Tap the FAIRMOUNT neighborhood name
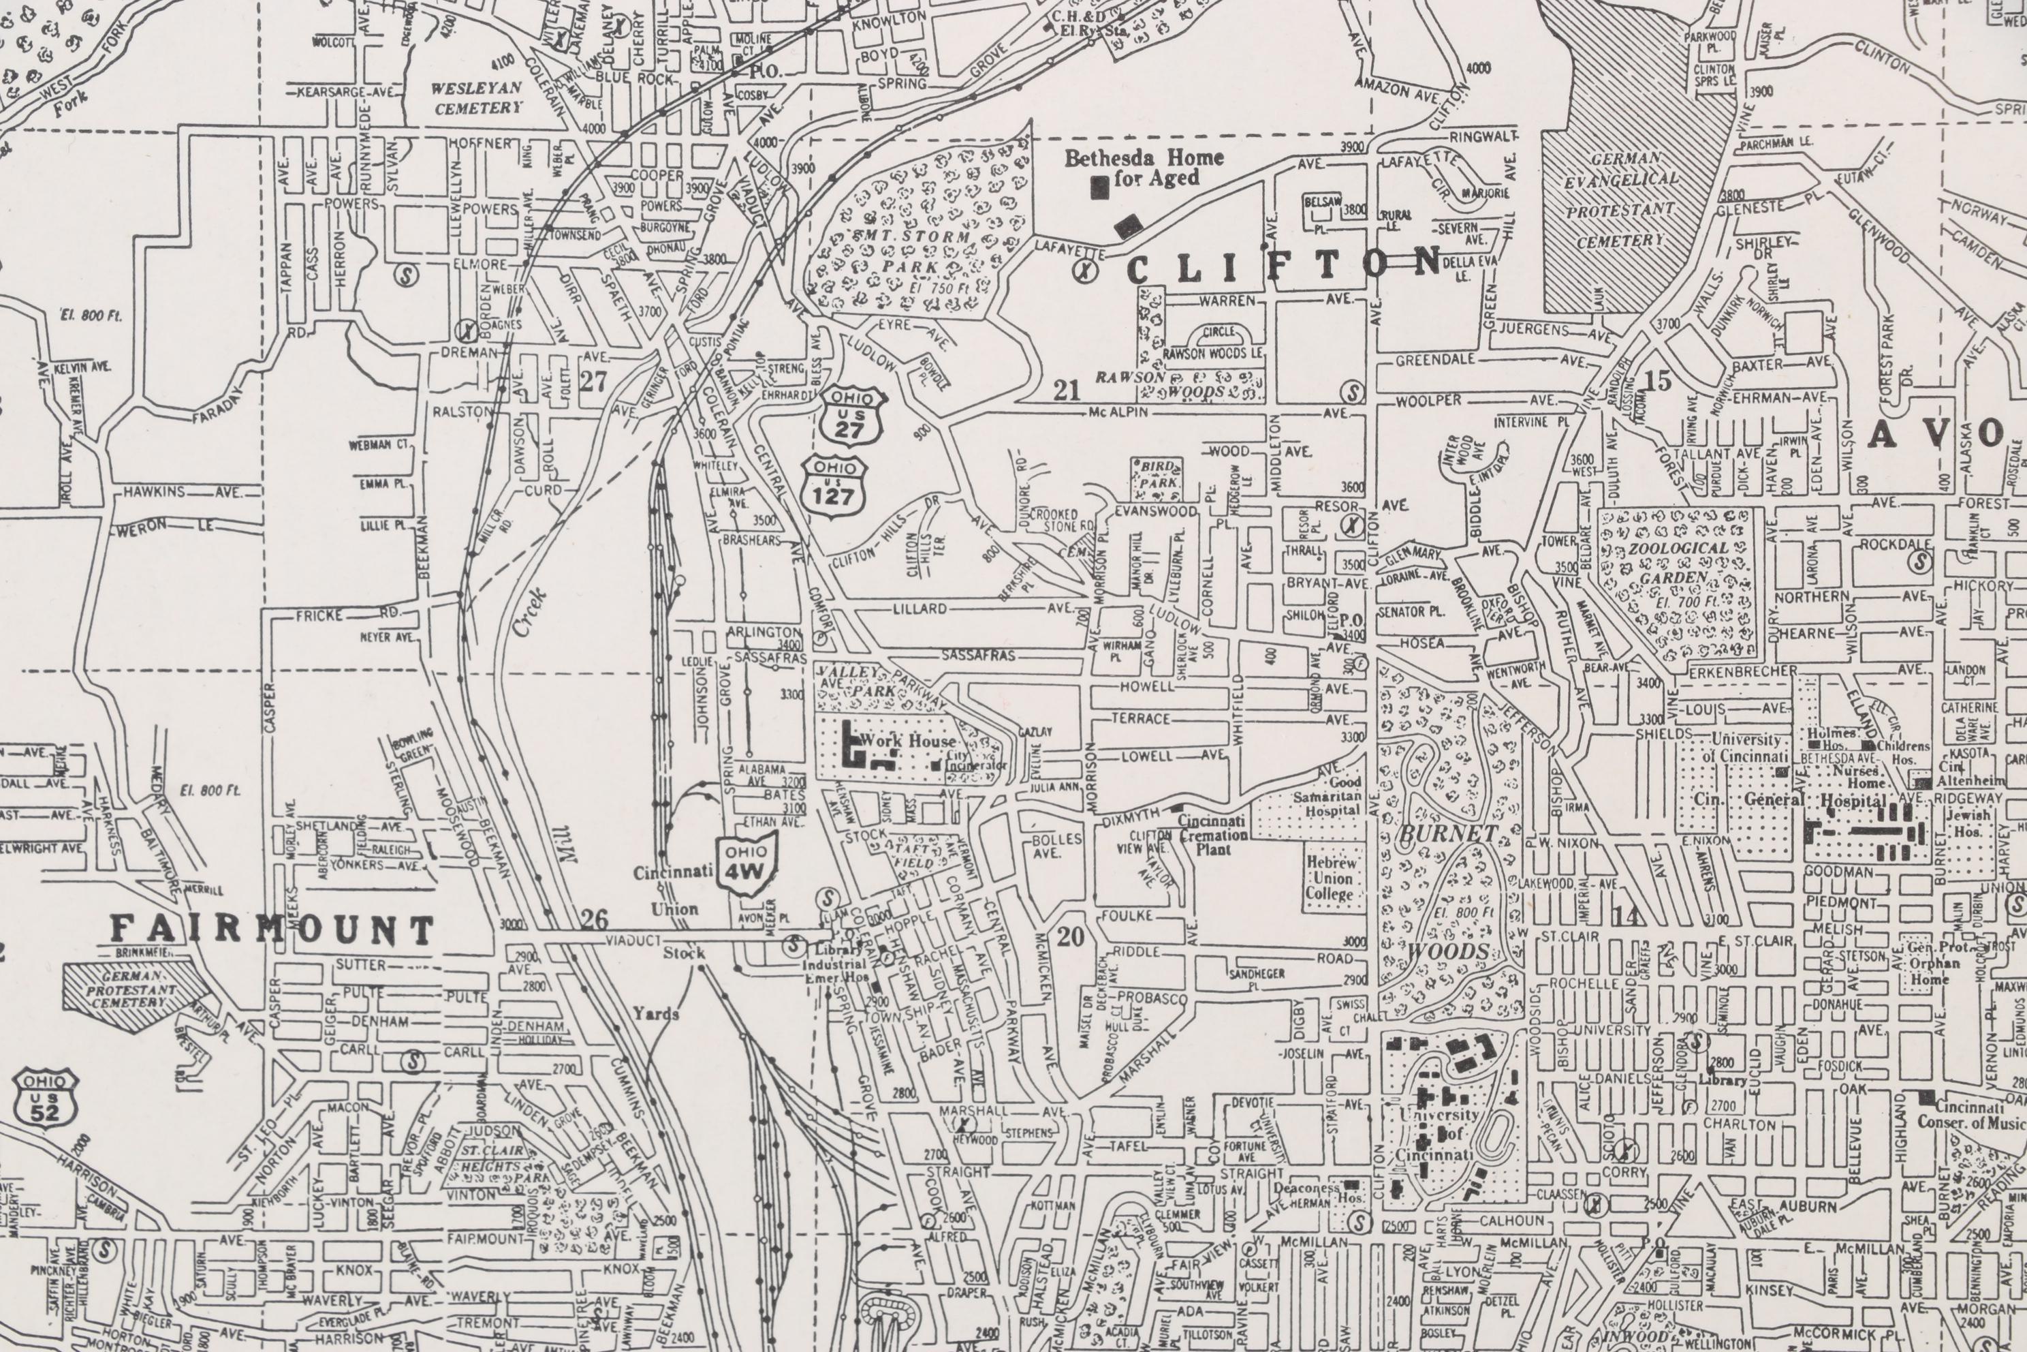(272, 929)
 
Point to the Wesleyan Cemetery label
(477, 97)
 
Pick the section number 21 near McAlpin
(1067, 390)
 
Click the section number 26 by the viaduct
(594, 919)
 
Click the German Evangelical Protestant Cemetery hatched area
(1620, 198)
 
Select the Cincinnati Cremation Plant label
(1212, 834)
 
